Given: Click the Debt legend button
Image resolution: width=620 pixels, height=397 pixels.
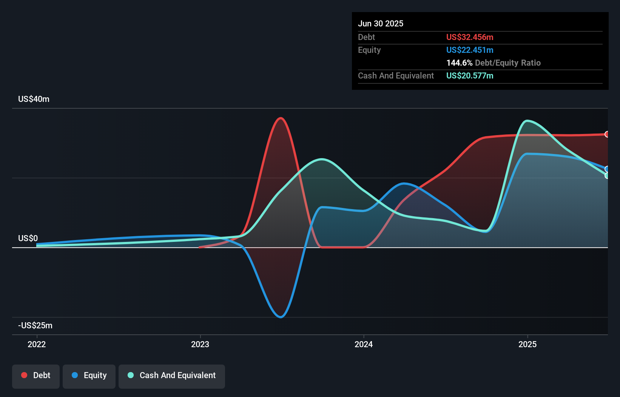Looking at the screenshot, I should click(36, 375).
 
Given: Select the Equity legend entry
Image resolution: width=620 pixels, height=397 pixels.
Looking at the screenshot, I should click(89, 375).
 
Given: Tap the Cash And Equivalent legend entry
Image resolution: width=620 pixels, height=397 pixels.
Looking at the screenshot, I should click(172, 375).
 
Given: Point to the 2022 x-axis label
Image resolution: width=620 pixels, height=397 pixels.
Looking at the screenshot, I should click(37, 344).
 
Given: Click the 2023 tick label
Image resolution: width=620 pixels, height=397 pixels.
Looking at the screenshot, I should click(200, 344).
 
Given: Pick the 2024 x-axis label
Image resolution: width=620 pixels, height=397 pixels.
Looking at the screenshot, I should click(364, 344).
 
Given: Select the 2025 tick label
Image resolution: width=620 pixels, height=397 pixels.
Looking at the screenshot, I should click(527, 344).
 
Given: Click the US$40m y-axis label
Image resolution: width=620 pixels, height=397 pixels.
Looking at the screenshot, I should click(34, 99).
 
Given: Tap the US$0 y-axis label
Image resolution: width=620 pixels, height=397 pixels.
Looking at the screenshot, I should click(28, 239).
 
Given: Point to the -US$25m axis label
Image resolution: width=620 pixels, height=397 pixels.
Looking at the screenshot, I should click(35, 326).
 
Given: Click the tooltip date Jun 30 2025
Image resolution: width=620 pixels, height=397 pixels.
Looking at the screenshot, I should click(381, 24).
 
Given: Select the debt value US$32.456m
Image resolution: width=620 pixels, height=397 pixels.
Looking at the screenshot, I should click(470, 37).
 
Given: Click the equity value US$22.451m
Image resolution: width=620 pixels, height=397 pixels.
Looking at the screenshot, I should click(470, 50).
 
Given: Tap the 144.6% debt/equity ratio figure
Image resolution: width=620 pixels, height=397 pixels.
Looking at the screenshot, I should click(459, 63).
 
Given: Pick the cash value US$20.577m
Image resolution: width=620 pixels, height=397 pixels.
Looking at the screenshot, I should click(470, 76).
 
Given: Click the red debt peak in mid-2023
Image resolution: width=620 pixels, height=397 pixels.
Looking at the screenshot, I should click(281, 118).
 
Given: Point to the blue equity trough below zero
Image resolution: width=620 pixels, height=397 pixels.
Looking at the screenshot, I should click(281, 317).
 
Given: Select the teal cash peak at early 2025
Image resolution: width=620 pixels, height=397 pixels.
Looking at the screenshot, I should click(527, 121).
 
